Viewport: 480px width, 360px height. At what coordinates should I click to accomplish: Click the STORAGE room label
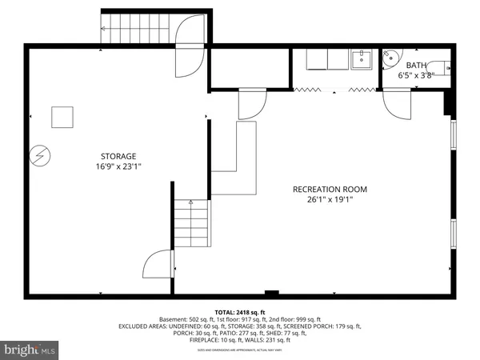tap(118, 156)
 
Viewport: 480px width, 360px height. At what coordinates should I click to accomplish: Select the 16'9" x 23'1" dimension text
tap(118, 166)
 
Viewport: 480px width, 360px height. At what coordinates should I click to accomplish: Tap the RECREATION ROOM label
tap(330, 190)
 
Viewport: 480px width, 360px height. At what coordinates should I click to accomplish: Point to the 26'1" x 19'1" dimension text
tap(330, 200)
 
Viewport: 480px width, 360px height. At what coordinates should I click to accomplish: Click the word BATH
tap(416, 66)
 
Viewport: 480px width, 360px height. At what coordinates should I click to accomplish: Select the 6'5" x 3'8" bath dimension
tap(416, 75)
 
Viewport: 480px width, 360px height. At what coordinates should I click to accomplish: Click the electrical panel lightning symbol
tap(38, 157)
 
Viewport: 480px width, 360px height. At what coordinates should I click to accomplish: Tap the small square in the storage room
tap(62, 117)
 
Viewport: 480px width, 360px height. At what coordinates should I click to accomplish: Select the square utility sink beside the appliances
tap(362, 58)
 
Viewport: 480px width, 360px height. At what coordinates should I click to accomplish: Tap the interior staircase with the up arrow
tap(192, 224)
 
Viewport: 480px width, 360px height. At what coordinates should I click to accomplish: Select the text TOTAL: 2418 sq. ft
tap(239, 311)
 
